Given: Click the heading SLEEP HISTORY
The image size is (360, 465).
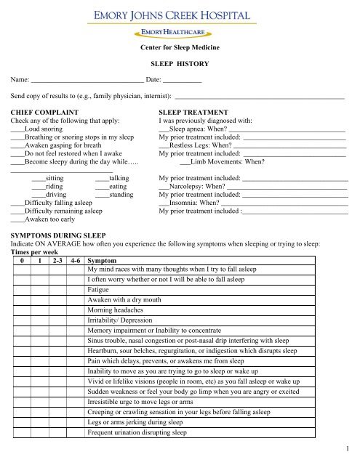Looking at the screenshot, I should coord(179,64).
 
